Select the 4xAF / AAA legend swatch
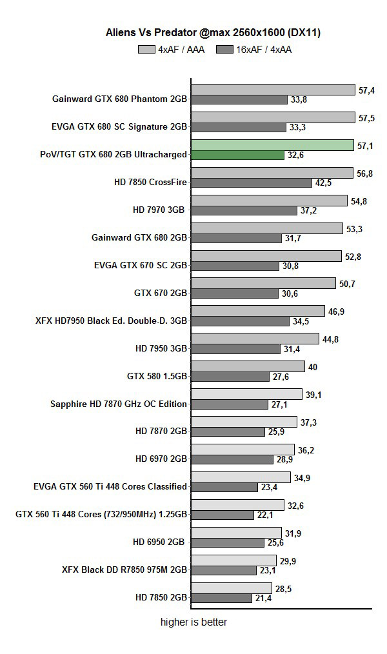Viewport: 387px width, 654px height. tap(146, 49)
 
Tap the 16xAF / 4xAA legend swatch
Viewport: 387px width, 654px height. tap(225, 49)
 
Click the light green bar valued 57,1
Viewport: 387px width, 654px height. tap(272, 145)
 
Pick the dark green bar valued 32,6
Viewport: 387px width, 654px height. tap(237, 155)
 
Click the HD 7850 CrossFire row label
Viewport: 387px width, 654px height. tap(150, 183)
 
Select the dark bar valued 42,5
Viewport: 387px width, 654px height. tap(252, 183)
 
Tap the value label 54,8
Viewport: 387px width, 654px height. tap(359, 201)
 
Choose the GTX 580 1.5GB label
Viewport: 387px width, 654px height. tap(157, 377)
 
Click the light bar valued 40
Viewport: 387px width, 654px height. tap(248, 366)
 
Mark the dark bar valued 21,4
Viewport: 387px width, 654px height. tap(221, 599)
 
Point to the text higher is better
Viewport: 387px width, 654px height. tap(193, 622)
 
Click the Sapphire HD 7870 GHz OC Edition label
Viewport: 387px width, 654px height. tap(119, 404)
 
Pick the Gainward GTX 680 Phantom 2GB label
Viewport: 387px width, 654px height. tap(120, 99)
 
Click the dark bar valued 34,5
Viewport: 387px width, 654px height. tap(240, 321)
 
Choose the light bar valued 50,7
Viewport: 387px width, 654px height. tap(264, 283)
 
